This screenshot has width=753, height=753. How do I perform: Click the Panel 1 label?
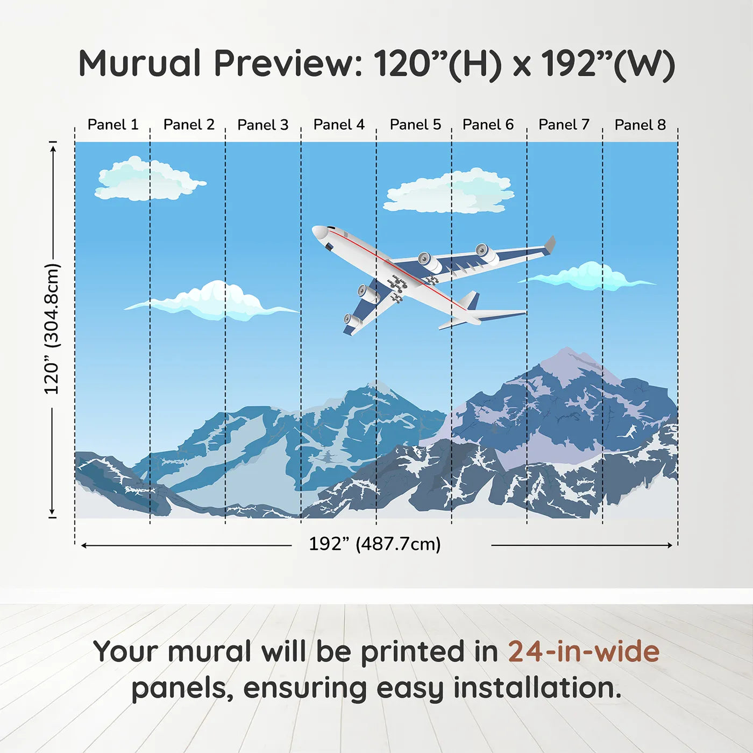click(x=113, y=125)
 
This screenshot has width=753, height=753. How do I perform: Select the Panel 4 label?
click(x=339, y=125)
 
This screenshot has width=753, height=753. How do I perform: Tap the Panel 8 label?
click(x=640, y=125)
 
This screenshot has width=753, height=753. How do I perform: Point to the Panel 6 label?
click(x=488, y=125)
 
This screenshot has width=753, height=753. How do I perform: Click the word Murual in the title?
click(x=139, y=63)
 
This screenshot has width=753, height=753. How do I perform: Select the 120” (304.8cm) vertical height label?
click(x=52, y=329)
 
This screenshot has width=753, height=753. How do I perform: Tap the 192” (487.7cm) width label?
click(x=374, y=544)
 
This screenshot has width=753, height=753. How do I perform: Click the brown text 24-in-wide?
click(x=584, y=651)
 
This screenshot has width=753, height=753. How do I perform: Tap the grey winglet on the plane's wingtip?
click(x=550, y=244)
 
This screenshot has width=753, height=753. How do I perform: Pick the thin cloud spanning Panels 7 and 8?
click(x=589, y=276)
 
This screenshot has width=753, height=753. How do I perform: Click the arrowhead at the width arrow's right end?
click(x=670, y=545)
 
